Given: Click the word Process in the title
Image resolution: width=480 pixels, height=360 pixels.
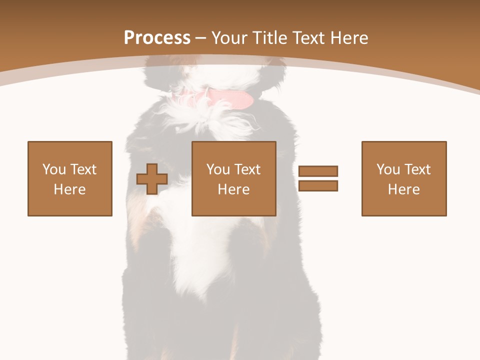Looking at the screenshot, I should click(x=157, y=38).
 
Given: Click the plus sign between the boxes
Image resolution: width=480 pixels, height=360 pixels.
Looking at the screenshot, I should click(x=152, y=179).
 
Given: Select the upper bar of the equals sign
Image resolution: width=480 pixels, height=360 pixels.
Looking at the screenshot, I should click(x=318, y=171).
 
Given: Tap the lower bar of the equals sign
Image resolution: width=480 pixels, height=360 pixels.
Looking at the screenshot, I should click(x=318, y=185).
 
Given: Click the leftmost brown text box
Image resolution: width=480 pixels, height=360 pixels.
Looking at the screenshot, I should click(x=70, y=178).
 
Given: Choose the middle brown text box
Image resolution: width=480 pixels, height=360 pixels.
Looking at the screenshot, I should click(x=234, y=178).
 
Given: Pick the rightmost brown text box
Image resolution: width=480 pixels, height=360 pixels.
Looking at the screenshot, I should click(x=404, y=178).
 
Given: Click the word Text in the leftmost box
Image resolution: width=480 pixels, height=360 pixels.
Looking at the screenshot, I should click(x=82, y=169).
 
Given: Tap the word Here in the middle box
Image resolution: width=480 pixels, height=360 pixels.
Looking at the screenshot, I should click(x=234, y=189).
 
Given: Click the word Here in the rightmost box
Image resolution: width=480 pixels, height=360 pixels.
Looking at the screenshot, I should click(x=404, y=189).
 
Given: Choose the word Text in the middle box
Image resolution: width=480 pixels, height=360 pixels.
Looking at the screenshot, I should click(x=246, y=169).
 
